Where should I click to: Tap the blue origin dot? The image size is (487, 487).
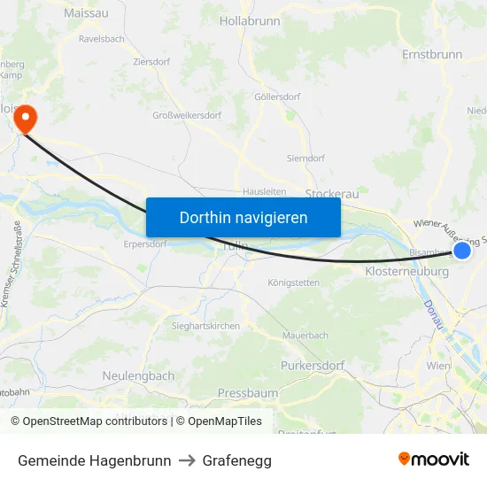(461, 251)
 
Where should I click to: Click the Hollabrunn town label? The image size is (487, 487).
(250, 19)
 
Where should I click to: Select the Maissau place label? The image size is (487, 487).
(87, 13)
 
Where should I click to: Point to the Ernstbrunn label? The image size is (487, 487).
(432, 54)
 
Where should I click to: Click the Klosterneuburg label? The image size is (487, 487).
(406, 272)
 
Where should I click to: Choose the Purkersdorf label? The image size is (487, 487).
(312, 365)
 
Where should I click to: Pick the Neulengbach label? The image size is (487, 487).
(138, 375)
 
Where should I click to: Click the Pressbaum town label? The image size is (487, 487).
(248, 392)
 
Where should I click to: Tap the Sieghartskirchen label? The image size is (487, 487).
(205, 326)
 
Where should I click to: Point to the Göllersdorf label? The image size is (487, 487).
(277, 97)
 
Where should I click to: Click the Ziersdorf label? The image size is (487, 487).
(152, 62)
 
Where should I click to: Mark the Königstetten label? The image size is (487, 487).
(293, 282)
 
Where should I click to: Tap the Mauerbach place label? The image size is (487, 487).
(305, 336)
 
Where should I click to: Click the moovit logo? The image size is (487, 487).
(434, 459)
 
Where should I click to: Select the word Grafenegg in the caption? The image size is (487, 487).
(236, 460)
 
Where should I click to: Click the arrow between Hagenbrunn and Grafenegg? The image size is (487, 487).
(187, 460)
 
